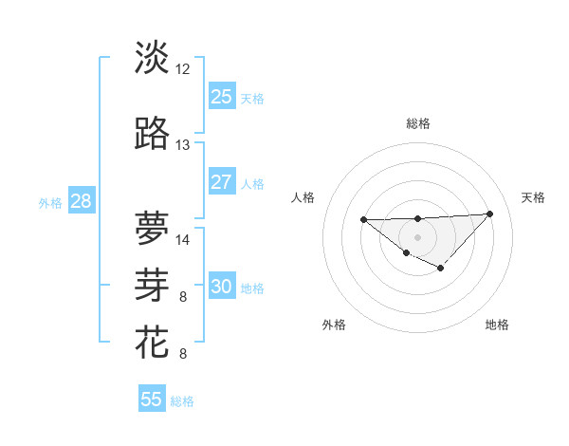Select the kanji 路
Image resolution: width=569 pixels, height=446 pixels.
coord(152,134)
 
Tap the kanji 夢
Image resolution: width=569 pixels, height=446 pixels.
coord(152,228)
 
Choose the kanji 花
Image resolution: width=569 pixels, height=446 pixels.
coord(152,341)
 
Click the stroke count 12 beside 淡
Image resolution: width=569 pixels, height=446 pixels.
coord(183,68)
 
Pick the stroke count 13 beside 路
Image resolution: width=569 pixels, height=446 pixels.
coord(183,145)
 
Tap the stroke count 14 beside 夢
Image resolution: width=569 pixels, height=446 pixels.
coord(183,239)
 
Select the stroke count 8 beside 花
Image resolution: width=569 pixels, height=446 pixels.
coord(183,355)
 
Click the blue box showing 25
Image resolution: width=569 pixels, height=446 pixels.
coord(222,96)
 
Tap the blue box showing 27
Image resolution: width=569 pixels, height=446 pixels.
coord(222,182)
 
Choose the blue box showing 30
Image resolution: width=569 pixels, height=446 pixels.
coord(222,287)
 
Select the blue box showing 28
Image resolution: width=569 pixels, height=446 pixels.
coord(81,201)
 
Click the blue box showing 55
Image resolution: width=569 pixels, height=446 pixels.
coord(152,400)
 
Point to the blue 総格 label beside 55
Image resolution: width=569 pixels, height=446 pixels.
coord(182,401)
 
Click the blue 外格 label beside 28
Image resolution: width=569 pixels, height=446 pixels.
coord(50,203)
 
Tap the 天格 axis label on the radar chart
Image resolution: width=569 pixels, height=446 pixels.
coord(534,197)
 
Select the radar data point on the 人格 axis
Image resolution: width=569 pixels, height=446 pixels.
coord(364,219)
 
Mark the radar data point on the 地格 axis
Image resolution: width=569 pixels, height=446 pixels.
coord(440,269)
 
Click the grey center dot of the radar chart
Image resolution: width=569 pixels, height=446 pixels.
coord(417,236)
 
